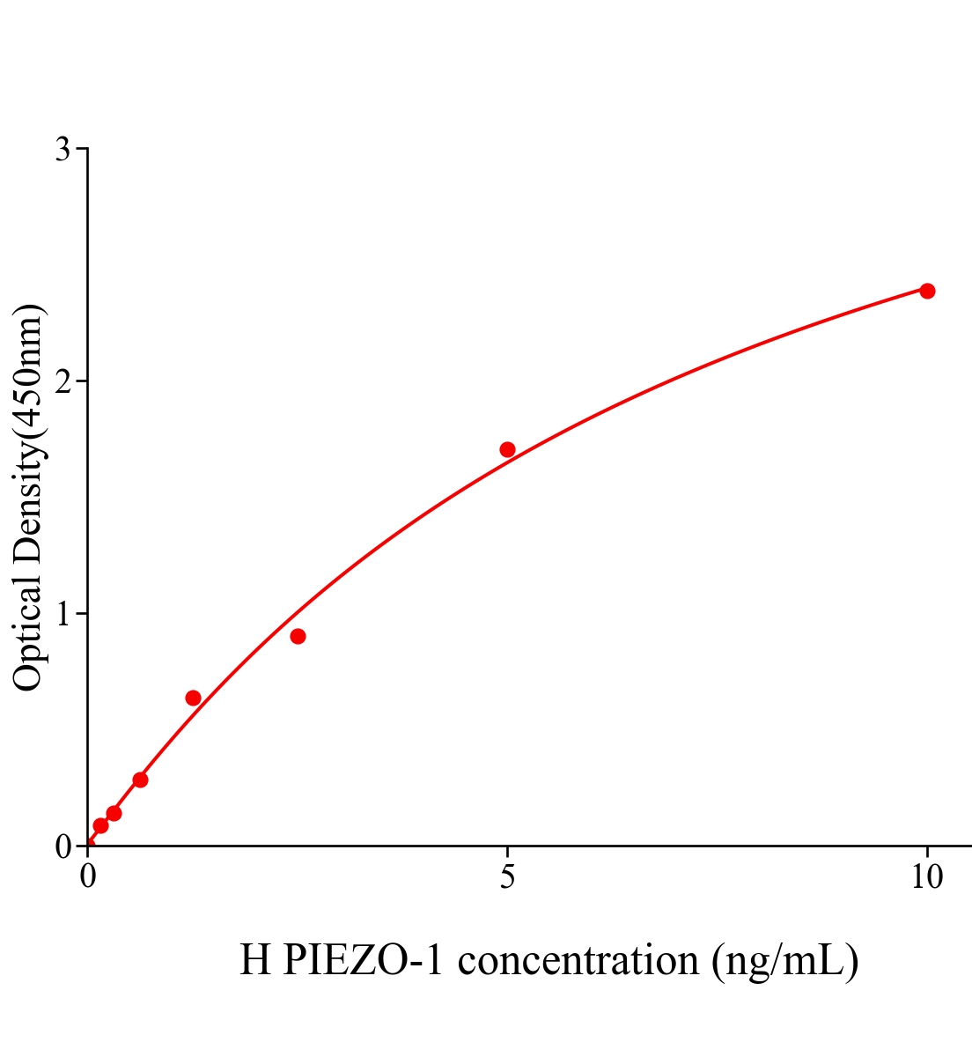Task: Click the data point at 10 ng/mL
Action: (926, 291)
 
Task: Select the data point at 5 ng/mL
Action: (507, 449)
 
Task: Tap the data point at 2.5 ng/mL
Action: (298, 636)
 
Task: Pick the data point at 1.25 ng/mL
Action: (193, 698)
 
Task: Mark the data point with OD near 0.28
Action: (140, 780)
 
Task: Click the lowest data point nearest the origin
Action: (100, 825)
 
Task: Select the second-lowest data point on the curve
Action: (114, 813)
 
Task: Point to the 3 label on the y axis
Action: (63, 150)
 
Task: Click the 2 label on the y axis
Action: (63, 381)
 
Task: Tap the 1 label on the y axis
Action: (63, 614)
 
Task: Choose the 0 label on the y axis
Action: (63, 846)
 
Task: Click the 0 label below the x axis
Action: (88, 877)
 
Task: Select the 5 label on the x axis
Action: (507, 877)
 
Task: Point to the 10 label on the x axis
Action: (926, 877)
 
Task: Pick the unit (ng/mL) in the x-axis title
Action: (784, 960)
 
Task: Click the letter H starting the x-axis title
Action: (255, 960)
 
